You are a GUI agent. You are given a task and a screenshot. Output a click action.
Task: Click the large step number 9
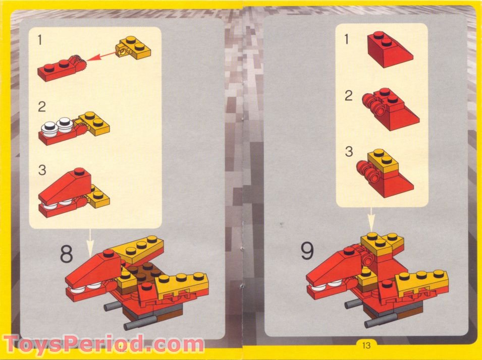tap(307, 251)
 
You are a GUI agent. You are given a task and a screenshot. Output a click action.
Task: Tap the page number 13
tap(366, 345)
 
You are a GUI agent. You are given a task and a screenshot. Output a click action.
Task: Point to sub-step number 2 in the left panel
tap(41, 107)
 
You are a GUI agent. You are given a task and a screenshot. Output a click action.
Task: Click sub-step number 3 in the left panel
tap(41, 170)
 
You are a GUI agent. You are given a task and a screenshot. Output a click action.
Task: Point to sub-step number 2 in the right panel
tap(348, 95)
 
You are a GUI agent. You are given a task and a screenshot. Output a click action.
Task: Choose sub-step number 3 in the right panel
tap(348, 152)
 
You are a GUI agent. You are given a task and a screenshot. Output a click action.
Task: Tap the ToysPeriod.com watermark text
tap(103, 345)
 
